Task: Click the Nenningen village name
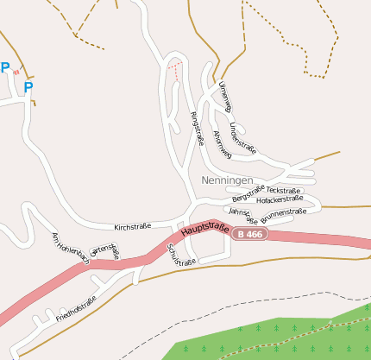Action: [227, 180]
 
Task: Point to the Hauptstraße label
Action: [204, 231]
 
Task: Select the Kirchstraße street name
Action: [133, 227]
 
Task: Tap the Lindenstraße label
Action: [243, 136]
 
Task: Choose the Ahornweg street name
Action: [222, 143]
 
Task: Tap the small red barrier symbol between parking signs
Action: [16, 73]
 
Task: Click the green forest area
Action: [285, 337]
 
